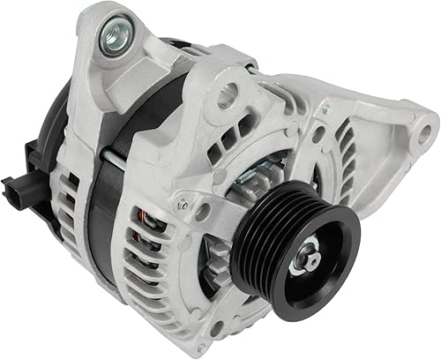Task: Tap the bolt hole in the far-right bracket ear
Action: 425,134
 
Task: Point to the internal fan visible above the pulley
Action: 265,176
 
